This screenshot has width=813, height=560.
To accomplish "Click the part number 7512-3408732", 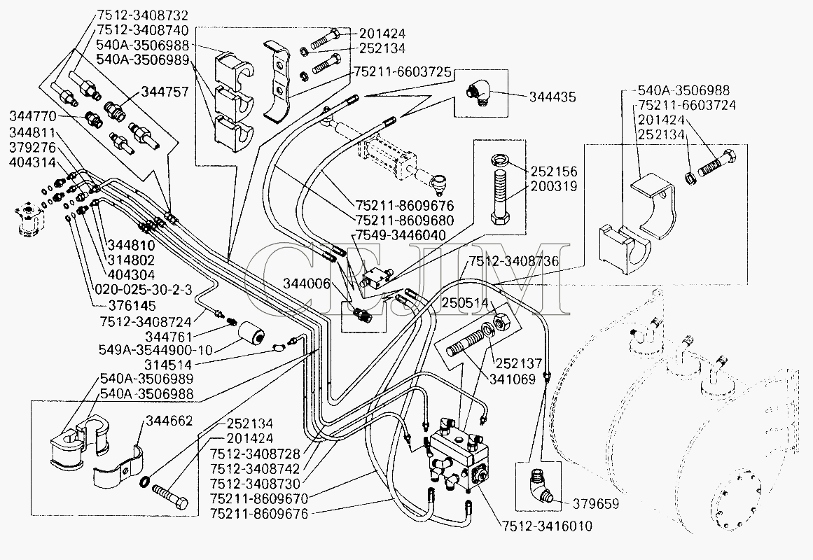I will coord(133,15).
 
